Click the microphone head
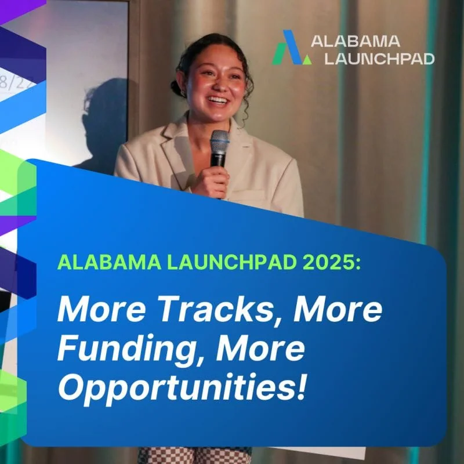pyautogui.click(x=220, y=140)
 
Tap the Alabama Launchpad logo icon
pyautogui.click(x=292, y=48)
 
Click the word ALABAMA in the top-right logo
pyautogui.click(x=356, y=41)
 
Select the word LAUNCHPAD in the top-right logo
pyautogui.click(x=379, y=59)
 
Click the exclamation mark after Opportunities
pyautogui.click(x=300, y=386)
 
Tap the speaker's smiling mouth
pyautogui.click(x=218, y=100)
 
